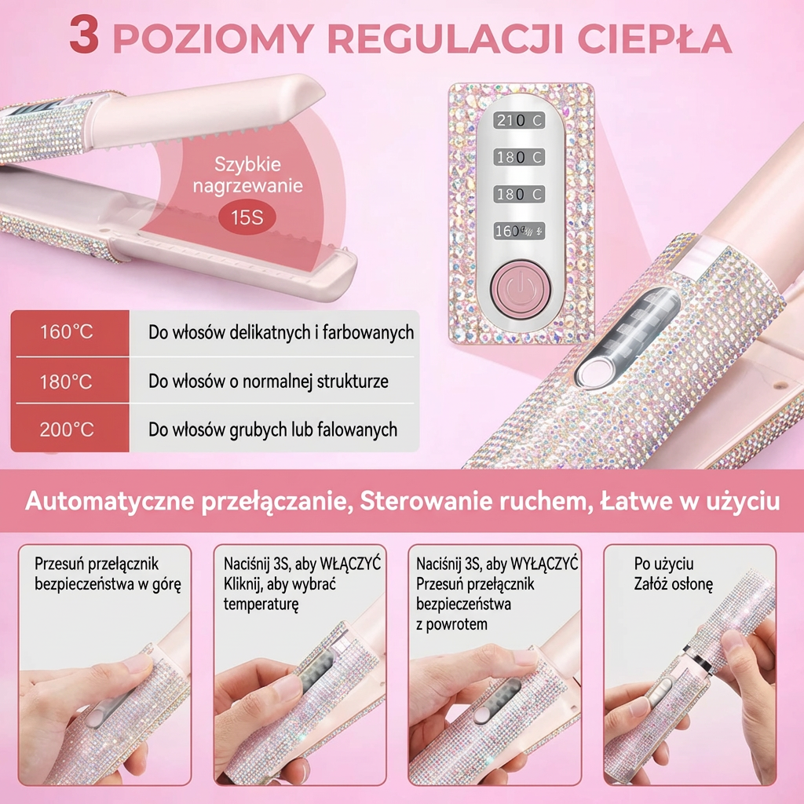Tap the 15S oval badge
click(247, 216)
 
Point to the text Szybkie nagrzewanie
click(248, 177)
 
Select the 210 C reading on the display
click(519, 120)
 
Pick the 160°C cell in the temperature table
click(67, 331)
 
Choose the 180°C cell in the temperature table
click(67, 382)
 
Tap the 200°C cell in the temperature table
click(67, 429)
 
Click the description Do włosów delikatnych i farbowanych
click(281, 331)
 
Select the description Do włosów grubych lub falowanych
click(272, 429)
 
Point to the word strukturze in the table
click(353, 382)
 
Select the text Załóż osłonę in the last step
click(673, 584)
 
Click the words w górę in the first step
click(161, 584)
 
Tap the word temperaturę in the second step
click(261, 605)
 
